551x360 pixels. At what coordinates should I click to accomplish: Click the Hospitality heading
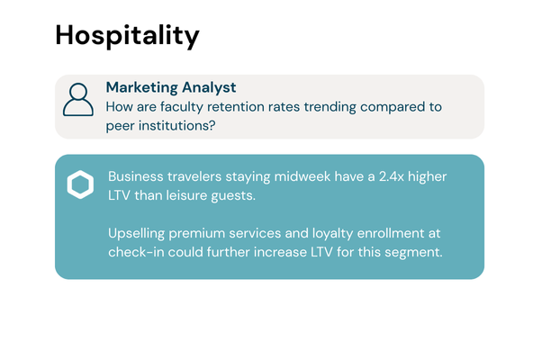[x=127, y=35]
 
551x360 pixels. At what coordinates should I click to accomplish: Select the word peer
[x=122, y=125]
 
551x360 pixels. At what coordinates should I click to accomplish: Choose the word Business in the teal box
[x=136, y=177]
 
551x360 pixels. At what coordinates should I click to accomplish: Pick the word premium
[x=210, y=233]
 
